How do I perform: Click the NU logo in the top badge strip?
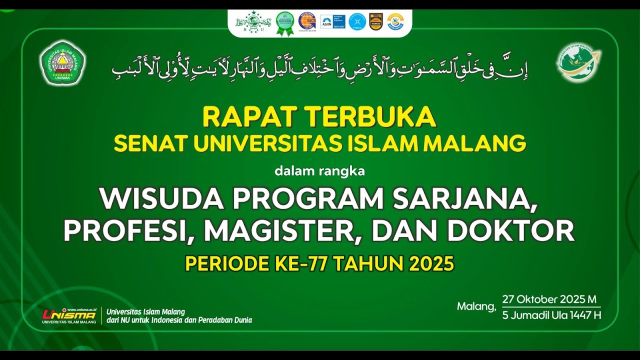coord(253,21)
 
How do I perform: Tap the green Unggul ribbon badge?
coord(285,23)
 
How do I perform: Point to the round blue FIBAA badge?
coord(357,21)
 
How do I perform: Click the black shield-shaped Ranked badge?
coord(375,21)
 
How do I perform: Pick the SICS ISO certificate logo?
coord(306,21)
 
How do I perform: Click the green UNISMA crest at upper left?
coord(63,63)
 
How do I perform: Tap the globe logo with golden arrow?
coord(578,62)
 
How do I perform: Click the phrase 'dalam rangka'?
coord(319,171)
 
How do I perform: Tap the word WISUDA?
coord(161,199)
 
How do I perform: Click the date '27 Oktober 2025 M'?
coord(549,299)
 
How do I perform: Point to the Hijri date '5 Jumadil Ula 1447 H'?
coord(551,315)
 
